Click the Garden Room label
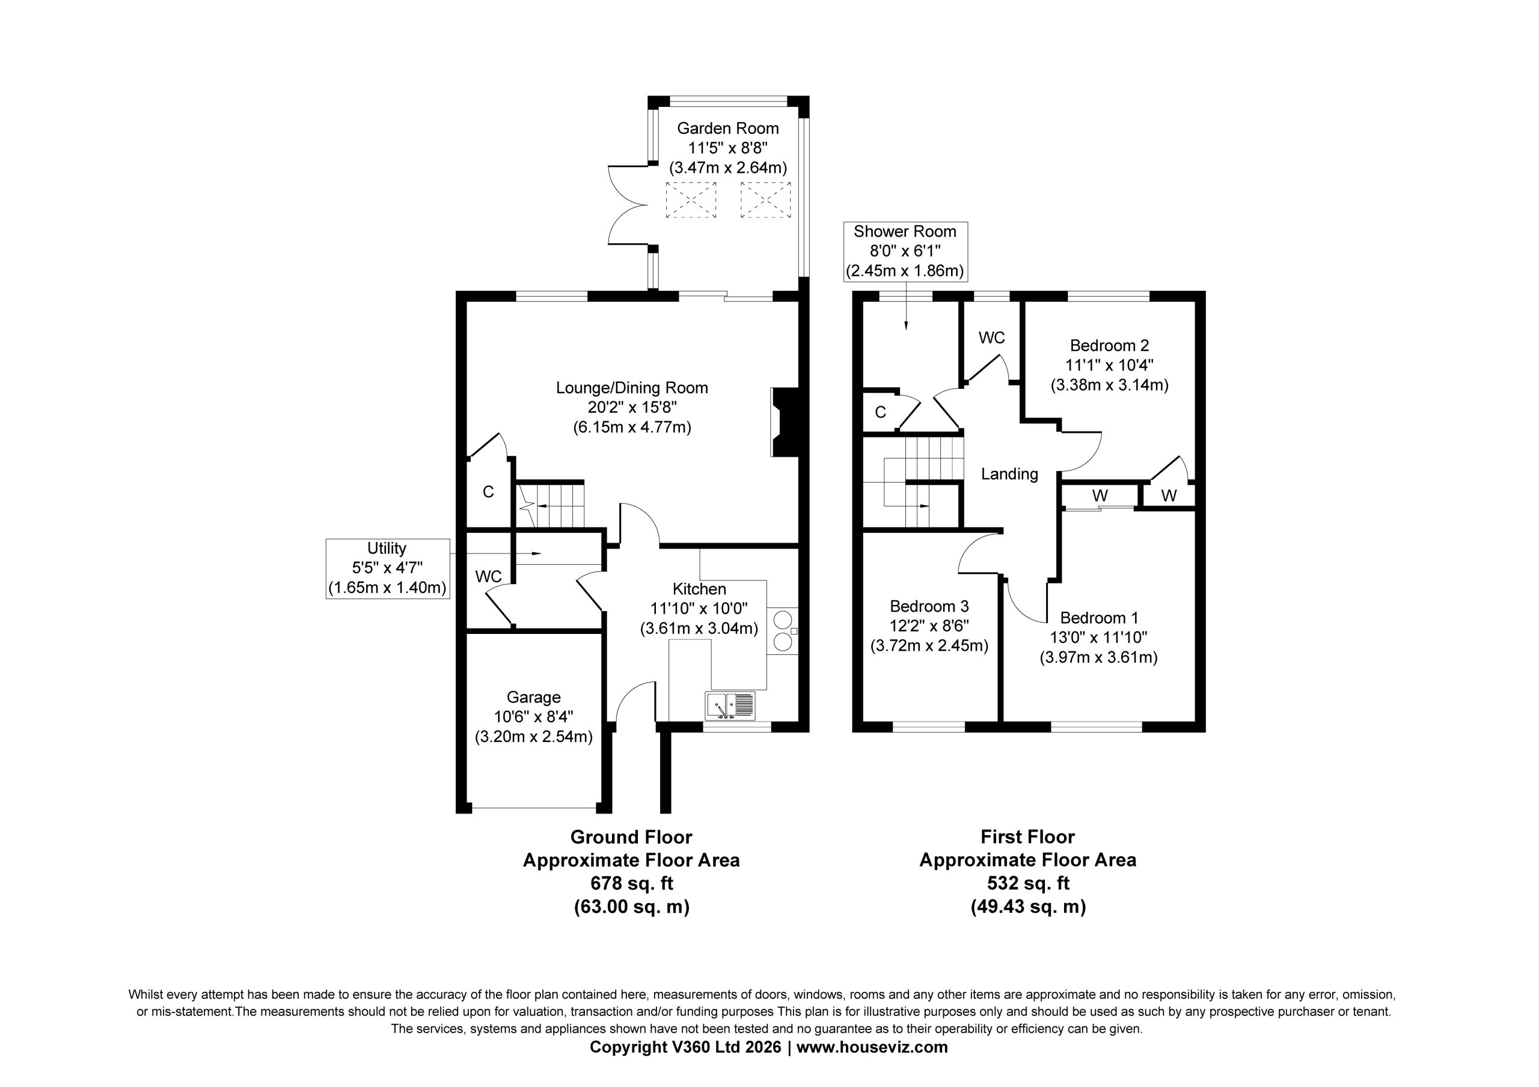728,128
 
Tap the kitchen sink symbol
730,705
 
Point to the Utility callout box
387,568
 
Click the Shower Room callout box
905,251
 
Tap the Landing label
1009,475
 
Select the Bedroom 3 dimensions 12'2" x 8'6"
929,626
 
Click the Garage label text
534,698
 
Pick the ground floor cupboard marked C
489,492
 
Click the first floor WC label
991,338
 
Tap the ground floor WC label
488,576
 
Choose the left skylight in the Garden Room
690,199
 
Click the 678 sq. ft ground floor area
631,883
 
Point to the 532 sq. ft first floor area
1027,883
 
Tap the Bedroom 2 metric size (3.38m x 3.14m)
1109,385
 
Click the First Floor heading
1027,837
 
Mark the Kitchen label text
699,589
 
